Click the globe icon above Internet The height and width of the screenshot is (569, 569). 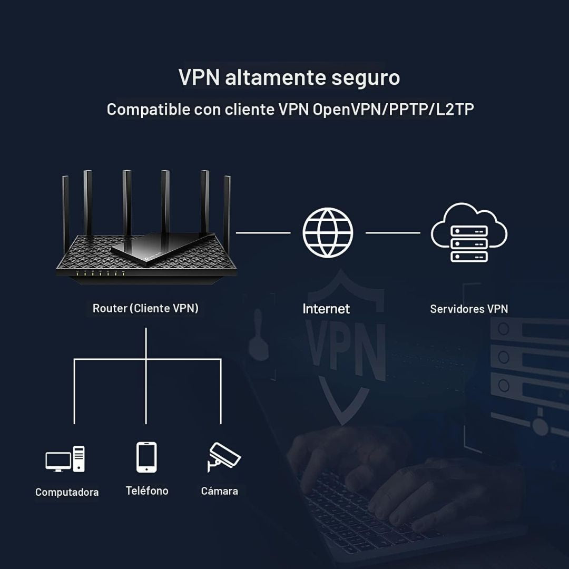pos(328,232)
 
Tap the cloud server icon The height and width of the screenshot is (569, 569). pos(468,233)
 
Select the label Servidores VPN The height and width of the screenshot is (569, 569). pos(469,309)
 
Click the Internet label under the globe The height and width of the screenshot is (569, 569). pos(326,309)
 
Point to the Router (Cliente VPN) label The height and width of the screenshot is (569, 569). pos(145,308)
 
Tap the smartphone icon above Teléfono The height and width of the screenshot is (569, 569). pos(146,457)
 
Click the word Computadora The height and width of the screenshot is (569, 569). pos(67,492)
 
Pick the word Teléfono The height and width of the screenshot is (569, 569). pos(147,490)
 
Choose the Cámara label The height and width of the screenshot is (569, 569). pos(219,491)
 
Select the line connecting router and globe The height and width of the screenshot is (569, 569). pos(263,232)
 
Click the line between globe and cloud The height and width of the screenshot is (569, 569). pos(393,232)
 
